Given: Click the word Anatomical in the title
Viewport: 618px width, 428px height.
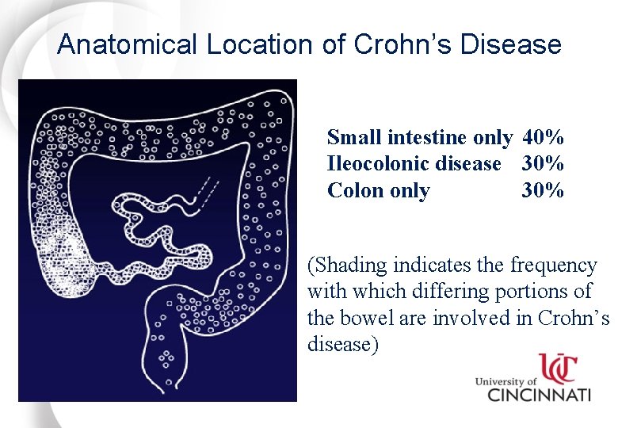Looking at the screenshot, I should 128,44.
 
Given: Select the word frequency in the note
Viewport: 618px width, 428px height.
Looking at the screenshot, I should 554,265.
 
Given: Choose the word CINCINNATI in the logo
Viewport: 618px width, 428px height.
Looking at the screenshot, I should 538,394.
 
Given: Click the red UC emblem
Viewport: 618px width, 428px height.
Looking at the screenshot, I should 558,368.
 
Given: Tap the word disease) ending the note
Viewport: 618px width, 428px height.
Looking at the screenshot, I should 343,345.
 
